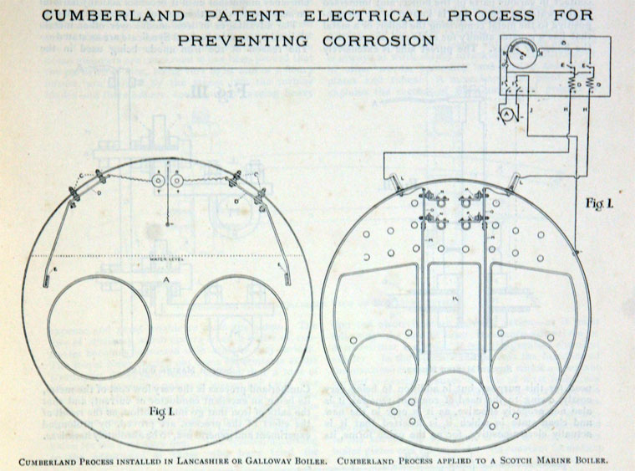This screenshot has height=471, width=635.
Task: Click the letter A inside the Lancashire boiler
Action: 169,278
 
